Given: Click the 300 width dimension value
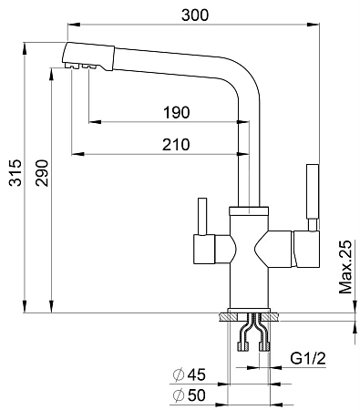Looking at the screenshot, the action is point(195,15).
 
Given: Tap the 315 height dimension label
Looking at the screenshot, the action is point(15,172).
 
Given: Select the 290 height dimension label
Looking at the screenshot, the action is point(42,173).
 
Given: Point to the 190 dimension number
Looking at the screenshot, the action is point(177,112).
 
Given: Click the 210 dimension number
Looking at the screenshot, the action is point(176,145).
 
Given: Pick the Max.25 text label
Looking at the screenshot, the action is point(345,267).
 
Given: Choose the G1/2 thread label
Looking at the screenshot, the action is point(308,358).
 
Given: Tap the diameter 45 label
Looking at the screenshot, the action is point(189,374).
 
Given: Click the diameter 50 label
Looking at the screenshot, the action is point(189,395).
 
